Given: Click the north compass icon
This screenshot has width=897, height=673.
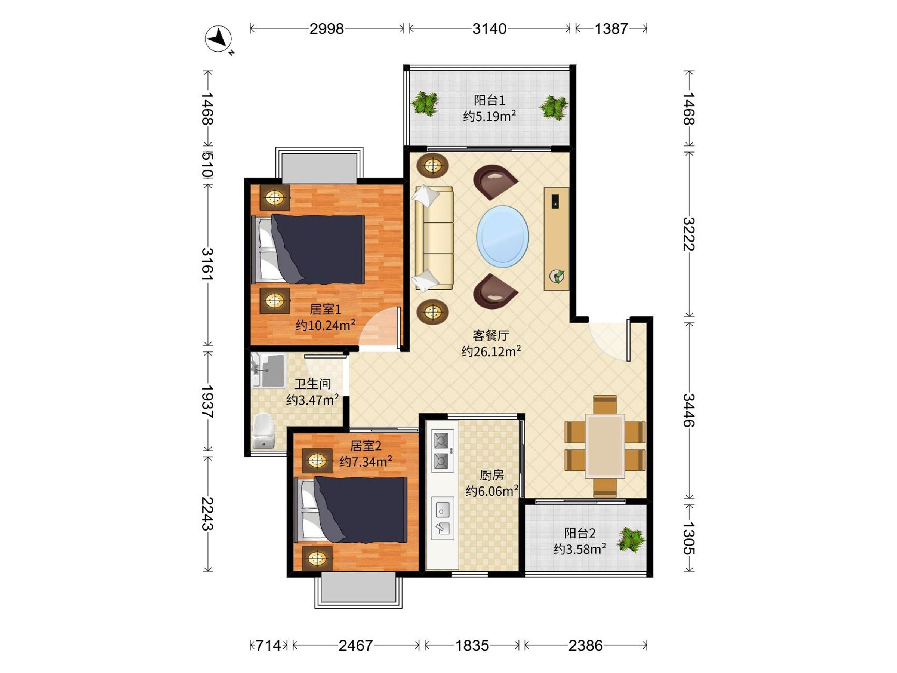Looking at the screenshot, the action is point(219,39).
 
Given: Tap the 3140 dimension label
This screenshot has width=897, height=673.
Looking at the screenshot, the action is point(490,29).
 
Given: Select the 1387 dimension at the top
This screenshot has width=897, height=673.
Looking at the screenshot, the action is point(611,29).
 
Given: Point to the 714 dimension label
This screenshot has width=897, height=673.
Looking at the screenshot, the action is point(268,645).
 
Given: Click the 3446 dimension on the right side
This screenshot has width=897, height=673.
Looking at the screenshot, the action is point(689,410).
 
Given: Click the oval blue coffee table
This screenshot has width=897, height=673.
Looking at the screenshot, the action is point(502,237).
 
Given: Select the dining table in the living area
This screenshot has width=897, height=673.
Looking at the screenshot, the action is point(605,446).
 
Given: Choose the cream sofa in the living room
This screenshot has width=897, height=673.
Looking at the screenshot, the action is point(434,238).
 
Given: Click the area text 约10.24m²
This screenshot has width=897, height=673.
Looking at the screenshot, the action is point(325,325).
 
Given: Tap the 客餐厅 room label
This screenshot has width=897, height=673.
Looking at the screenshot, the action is point(491,335).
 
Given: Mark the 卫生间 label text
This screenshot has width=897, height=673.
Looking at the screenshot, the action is point(312,384).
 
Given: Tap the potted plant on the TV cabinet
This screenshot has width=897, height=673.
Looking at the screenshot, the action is point(557,277).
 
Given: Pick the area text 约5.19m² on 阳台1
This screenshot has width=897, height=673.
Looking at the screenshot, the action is point(490,116).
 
